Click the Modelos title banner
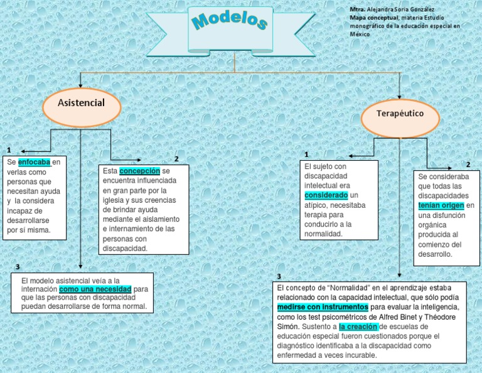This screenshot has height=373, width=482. pyautogui.click(x=230, y=26)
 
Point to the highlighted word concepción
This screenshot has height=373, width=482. pyautogui.click(x=139, y=171)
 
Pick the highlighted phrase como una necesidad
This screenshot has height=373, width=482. pyautogui.click(x=95, y=289)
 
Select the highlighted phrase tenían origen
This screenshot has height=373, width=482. pyautogui.click(x=441, y=205)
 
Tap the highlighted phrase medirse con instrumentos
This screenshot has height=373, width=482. pyautogui.click(x=323, y=307)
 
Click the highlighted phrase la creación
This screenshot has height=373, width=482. pyautogui.click(x=359, y=327)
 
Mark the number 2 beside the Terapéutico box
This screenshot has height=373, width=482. pyautogui.click(x=468, y=165)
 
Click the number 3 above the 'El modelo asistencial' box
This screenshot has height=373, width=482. pyautogui.click(x=18, y=268)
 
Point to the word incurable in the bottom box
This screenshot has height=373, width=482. pyautogui.click(x=358, y=355)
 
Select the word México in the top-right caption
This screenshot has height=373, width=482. pyautogui.click(x=360, y=34)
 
